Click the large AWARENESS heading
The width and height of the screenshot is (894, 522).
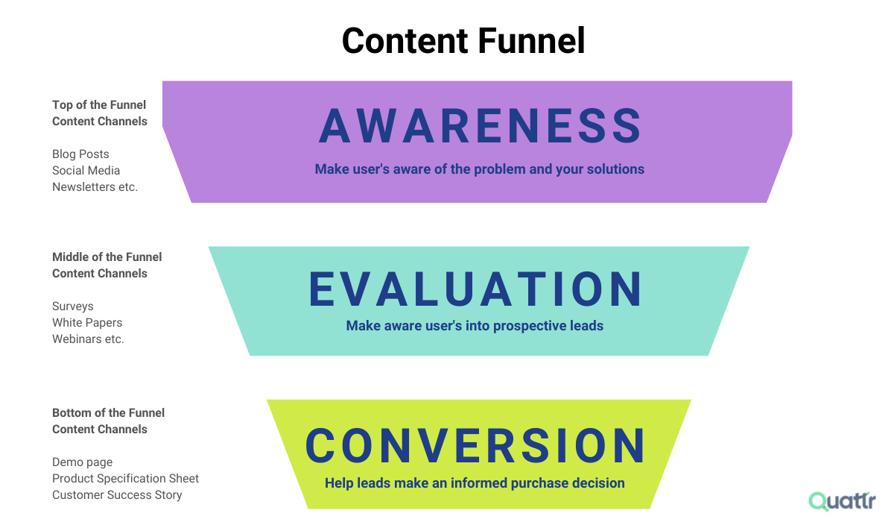[481, 126]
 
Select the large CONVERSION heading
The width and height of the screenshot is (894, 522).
[475, 446]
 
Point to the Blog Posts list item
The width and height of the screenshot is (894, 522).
[80, 154]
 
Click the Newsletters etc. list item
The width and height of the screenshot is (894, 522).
[95, 187]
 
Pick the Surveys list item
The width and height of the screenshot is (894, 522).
[73, 306]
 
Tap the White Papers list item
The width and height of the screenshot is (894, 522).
[87, 323]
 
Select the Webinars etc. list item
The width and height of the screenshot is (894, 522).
[88, 339]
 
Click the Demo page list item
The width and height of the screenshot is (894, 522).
[83, 462]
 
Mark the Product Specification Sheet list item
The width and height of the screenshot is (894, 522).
[125, 479]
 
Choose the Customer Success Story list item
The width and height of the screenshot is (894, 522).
[117, 495]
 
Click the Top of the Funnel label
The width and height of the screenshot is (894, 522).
[99, 105]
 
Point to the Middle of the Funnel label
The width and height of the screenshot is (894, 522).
[107, 257]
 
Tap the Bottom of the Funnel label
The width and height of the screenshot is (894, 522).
[108, 413]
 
